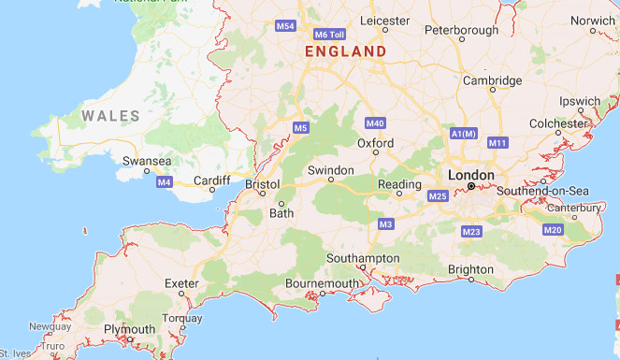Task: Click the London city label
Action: [470, 175]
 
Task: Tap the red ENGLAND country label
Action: [345, 51]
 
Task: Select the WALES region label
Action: [110, 116]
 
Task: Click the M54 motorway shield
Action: [285, 26]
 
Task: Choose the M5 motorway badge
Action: [300, 127]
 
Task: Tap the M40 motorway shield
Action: [376, 123]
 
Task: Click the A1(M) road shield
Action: [464, 135]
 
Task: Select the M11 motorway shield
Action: [497, 143]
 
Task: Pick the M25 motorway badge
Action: [438, 196]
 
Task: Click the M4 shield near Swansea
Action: [165, 181]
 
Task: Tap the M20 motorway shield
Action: [553, 230]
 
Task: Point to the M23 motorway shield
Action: [470, 231]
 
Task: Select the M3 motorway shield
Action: [386, 224]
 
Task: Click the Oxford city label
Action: [375, 143]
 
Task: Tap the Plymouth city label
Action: [130, 329]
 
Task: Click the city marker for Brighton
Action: [471, 279]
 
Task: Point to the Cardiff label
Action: [211, 180]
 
